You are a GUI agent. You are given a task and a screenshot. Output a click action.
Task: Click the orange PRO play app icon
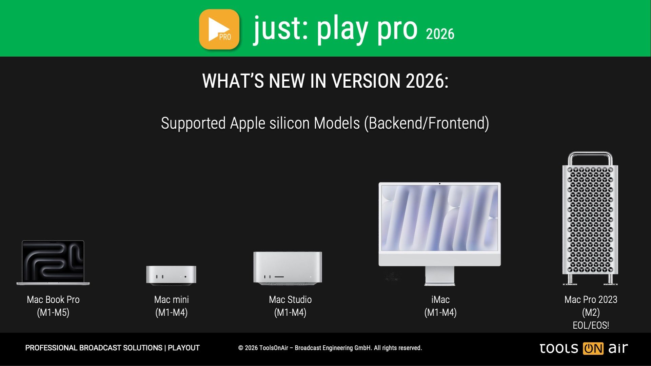click(219, 29)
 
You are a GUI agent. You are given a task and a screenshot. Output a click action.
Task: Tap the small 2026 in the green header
click(440, 34)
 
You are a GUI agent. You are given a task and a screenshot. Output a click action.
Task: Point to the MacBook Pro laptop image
click(53, 263)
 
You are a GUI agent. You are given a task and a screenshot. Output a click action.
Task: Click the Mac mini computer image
click(171, 275)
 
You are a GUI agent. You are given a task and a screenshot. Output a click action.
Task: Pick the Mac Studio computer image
click(288, 268)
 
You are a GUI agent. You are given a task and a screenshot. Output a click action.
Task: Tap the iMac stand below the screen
click(439, 276)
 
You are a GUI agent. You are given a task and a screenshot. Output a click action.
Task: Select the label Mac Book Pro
click(53, 300)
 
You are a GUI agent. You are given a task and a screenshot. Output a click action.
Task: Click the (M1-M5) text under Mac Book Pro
click(53, 312)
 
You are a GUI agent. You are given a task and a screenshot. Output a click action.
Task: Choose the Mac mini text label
click(172, 300)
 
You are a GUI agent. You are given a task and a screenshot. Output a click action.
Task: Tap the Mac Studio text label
click(290, 300)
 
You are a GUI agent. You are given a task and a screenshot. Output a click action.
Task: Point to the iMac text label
click(440, 300)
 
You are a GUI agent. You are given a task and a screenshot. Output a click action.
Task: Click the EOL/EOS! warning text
click(591, 325)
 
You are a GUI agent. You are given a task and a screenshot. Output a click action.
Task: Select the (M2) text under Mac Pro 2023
click(591, 312)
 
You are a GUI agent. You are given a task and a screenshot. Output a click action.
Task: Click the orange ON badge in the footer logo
click(593, 348)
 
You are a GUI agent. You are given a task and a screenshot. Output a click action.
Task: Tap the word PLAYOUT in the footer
click(184, 348)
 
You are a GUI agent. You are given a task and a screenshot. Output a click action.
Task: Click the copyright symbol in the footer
click(241, 348)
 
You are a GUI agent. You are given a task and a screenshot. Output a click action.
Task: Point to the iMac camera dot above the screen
click(440, 184)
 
